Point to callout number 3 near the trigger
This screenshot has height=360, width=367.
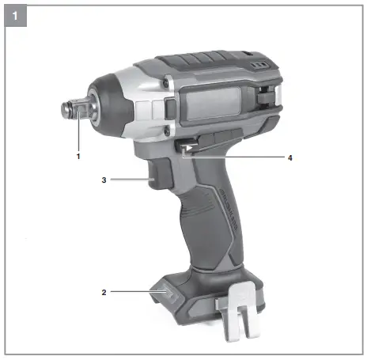click(x=104, y=180)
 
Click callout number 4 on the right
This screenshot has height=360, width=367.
click(x=289, y=157)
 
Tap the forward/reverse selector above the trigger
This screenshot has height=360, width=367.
click(x=187, y=148)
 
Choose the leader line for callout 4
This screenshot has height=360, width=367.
click(x=237, y=157)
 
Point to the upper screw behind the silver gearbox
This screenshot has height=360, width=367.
click(x=167, y=81)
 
